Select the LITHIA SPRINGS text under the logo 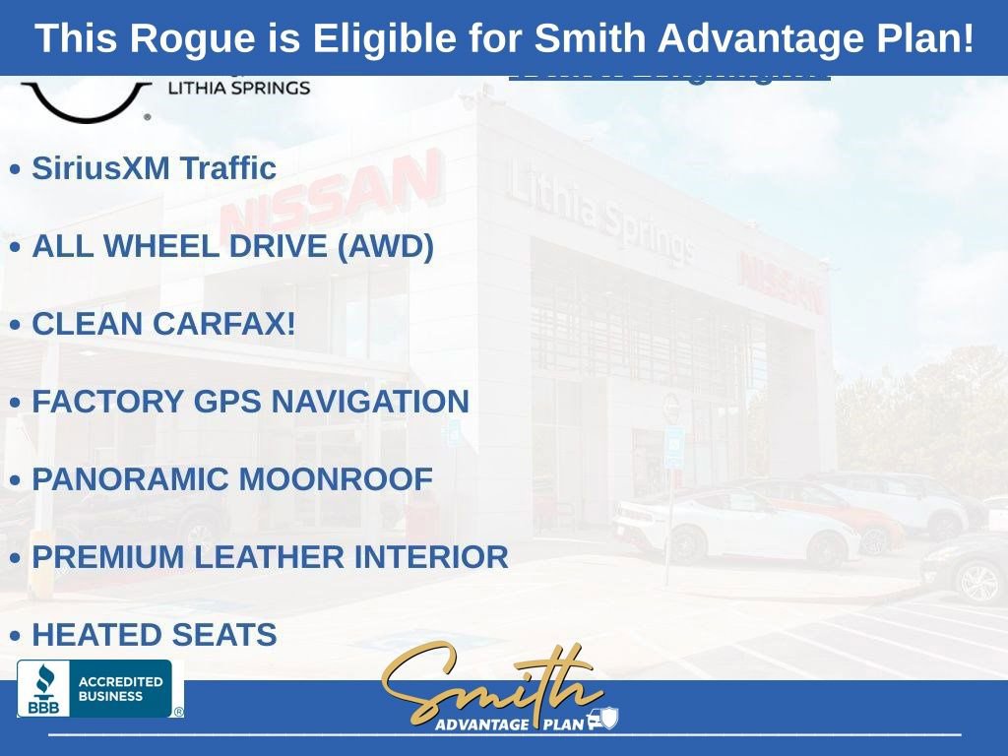tap(239, 88)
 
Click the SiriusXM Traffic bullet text tap(154, 168)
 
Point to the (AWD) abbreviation tap(385, 246)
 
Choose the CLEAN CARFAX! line tap(163, 324)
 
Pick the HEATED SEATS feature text tap(154, 635)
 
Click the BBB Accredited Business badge tap(96, 688)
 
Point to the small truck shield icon tap(601, 720)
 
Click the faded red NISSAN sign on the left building tap(330, 194)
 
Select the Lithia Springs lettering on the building tap(599, 214)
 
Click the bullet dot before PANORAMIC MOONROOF tap(15, 480)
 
